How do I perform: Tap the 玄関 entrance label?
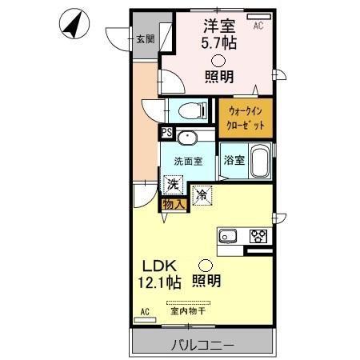pyautogui.click(x=145, y=38)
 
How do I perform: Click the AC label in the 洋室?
pyautogui.click(x=258, y=26)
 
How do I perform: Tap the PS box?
pyautogui.click(x=166, y=133)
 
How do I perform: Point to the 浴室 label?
pyautogui.click(x=233, y=160)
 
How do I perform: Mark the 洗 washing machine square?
pyautogui.click(x=173, y=184)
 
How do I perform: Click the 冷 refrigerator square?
pyautogui.click(x=202, y=194)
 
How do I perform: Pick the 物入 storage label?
pyautogui.click(x=174, y=204)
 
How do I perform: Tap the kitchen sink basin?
pyautogui.click(x=226, y=235)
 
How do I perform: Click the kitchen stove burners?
pyautogui.click(x=258, y=235)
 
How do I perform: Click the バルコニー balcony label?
pyautogui.click(x=202, y=346)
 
